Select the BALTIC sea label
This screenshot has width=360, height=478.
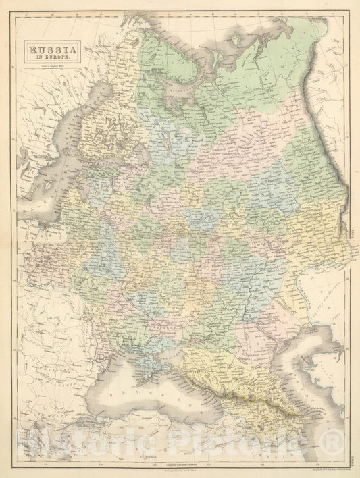(28, 203)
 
